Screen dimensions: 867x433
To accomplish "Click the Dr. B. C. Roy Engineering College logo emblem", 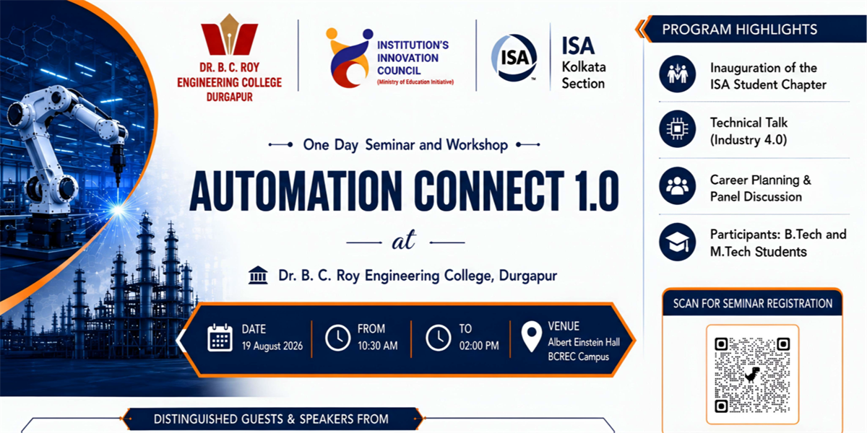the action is pyautogui.click(x=229, y=35).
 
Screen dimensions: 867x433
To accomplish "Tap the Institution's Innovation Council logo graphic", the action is pyautogui.click(x=348, y=58).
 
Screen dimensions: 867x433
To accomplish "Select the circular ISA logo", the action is pyautogui.click(x=514, y=58).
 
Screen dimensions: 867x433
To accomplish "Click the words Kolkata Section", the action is pyautogui.click(x=584, y=75).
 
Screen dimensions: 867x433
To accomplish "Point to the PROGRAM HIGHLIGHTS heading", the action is pyautogui.click(x=739, y=30).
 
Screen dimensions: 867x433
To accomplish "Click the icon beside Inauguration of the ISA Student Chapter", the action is pyautogui.click(x=678, y=74).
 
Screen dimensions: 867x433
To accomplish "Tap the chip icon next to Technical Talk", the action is pyautogui.click(x=678, y=129).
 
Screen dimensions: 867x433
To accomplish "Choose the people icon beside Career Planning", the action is pyautogui.click(x=678, y=185).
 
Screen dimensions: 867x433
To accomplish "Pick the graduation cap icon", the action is pyautogui.click(x=678, y=242).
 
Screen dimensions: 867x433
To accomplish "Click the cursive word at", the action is pyautogui.click(x=404, y=241).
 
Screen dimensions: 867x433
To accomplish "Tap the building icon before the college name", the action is pyautogui.click(x=258, y=275).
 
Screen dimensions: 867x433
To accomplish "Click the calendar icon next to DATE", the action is pyautogui.click(x=220, y=338).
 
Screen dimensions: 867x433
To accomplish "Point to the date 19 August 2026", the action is pyautogui.click(x=272, y=346).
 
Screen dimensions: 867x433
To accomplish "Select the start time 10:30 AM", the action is pyautogui.click(x=377, y=346).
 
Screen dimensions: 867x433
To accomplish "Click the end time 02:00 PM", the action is pyautogui.click(x=479, y=346).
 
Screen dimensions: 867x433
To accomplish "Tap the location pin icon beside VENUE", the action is pyautogui.click(x=532, y=336).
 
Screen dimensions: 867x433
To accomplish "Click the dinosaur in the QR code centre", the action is pyautogui.click(x=752, y=375).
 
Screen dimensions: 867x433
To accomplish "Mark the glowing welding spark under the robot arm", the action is pyautogui.click(x=118, y=210).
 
